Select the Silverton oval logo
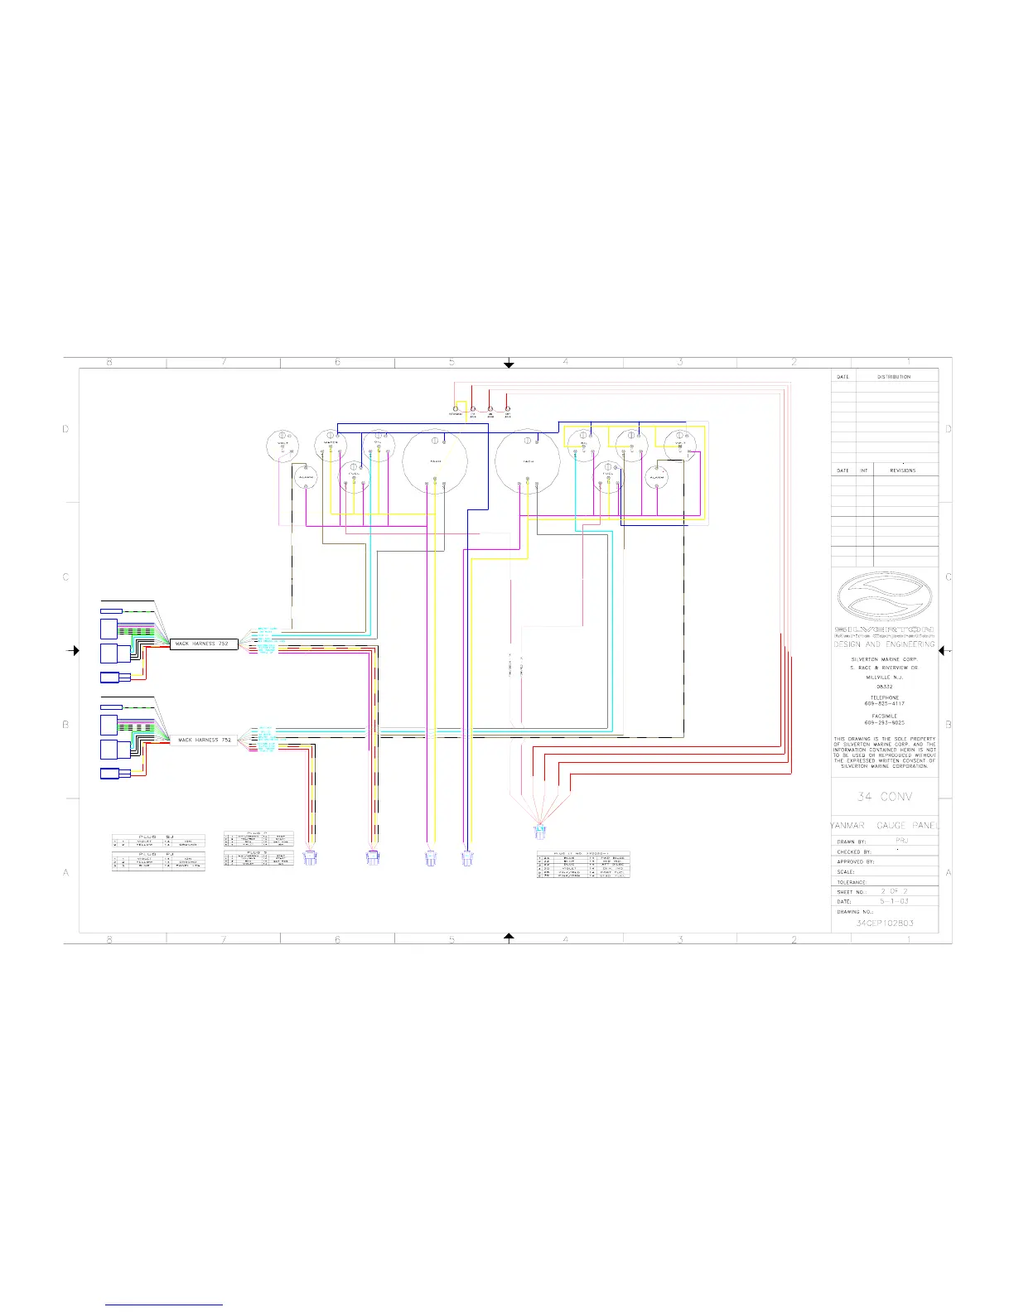tap(884, 596)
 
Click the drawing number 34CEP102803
tap(885, 923)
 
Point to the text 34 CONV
tap(885, 797)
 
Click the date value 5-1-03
tap(894, 901)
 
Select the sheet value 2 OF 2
tap(894, 891)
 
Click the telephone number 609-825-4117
tap(884, 704)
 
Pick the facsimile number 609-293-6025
tap(884, 722)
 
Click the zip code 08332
tap(884, 687)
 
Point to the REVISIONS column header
tap(902, 470)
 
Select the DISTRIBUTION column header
tap(894, 377)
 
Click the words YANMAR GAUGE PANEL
tap(885, 826)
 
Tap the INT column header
tap(863, 470)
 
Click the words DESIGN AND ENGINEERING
tap(884, 644)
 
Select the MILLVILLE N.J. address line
tap(884, 678)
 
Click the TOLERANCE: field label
tap(852, 882)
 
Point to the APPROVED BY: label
tap(855, 861)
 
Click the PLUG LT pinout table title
tap(583, 853)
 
